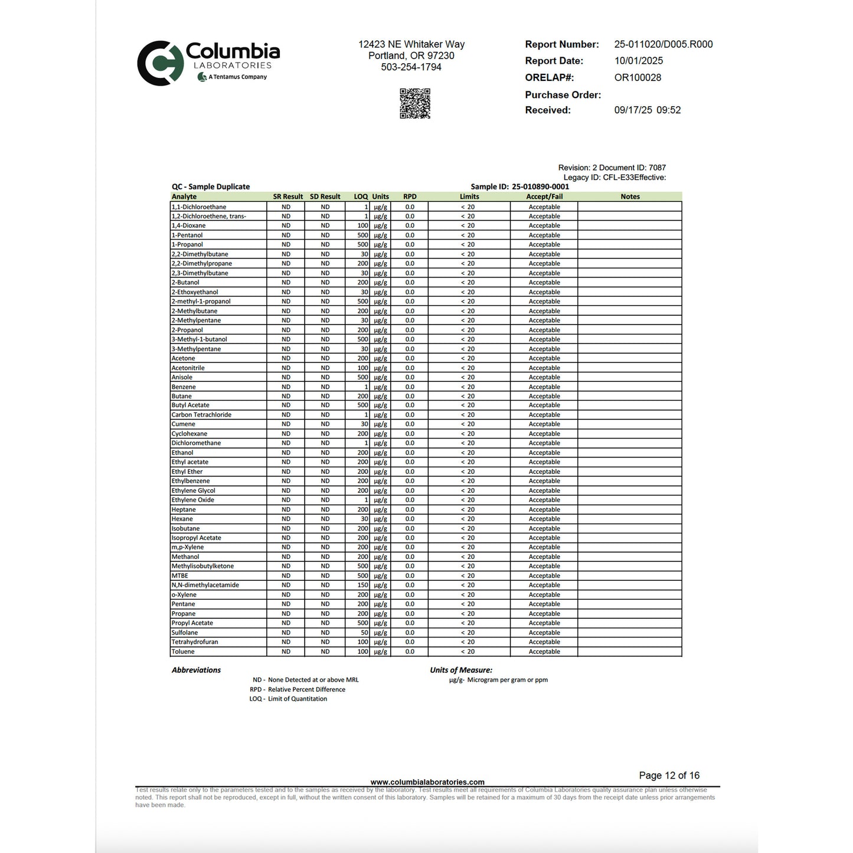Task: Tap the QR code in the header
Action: [x=415, y=104]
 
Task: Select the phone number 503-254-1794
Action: [x=411, y=67]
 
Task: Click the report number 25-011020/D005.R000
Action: [x=663, y=44]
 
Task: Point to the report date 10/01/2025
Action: [x=638, y=61]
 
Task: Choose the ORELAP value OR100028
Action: [x=638, y=77]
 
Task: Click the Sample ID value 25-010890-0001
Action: [x=540, y=187]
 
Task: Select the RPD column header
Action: [x=410, y=197]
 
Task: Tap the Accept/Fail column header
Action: [x=544, y=197]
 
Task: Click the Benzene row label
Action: [x=184, y=387]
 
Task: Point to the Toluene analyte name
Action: [x=183, y=652]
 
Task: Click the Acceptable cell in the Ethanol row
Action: [x=544, y=453]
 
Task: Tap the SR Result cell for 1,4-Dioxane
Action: [x=286, y=225]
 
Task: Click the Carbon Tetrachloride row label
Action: [x=201, y=415]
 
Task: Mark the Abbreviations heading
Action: [x=196, y=670]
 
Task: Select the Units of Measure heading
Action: [x=461, y=670]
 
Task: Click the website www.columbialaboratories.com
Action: [x=427, y=782]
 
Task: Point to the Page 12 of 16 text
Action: [x=669, y=776]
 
